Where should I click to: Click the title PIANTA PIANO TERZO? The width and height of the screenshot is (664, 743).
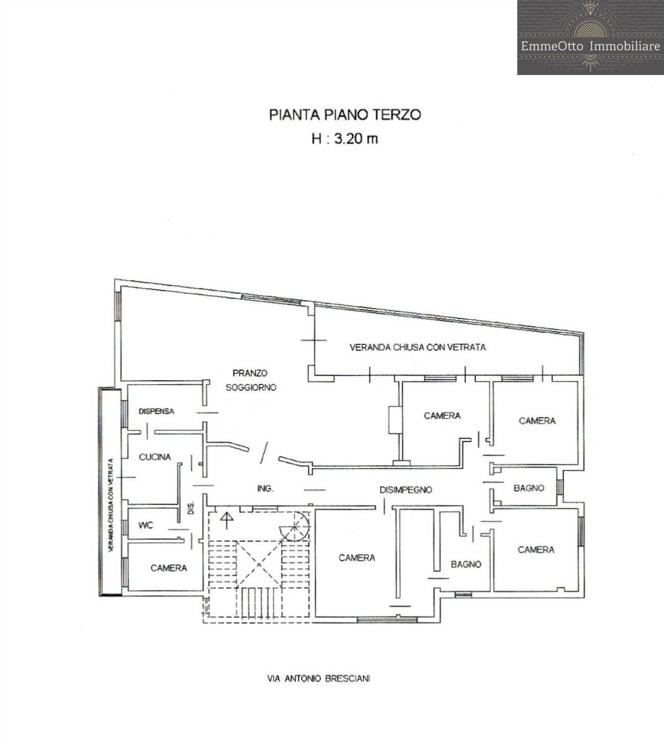[x=345, y=115]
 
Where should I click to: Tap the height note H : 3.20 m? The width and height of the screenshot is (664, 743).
[x=345, y=139]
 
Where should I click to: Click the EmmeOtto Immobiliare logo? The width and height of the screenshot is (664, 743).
[x=590, y=37]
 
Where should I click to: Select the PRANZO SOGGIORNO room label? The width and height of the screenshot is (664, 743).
[x=251, y=380]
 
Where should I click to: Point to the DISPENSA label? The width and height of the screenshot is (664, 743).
[x=156, y=411]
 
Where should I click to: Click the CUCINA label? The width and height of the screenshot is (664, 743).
[x=155, y=457]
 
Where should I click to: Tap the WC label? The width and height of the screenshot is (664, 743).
[x=146, y=525]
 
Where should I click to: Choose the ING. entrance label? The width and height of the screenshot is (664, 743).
[x=265, y=488]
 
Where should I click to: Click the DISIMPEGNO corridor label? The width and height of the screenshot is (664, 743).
[x=405, y=490]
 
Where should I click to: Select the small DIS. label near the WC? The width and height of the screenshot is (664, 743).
[x=191, y=507]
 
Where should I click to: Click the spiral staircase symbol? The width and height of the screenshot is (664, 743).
[x=296, y=526]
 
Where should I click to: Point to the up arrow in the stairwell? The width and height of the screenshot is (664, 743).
[x=227, y=520]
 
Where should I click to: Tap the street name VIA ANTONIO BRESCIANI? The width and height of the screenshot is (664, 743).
[x=318, y=679]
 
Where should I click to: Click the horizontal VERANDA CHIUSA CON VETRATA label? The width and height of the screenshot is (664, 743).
[x=418, y=347]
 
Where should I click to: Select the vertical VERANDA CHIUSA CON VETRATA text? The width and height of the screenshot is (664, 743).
[x=111, y=505]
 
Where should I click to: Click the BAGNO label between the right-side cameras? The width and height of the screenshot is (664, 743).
[x=528, y=488]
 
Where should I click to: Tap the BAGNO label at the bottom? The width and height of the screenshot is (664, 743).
[x=466, y=564]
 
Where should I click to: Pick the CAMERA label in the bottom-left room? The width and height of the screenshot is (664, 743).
[x=168, y=568]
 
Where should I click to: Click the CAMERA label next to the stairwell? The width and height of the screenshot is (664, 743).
[x=357, y=558]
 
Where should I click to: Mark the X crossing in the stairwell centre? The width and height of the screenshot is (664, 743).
[x=259, y=564]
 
